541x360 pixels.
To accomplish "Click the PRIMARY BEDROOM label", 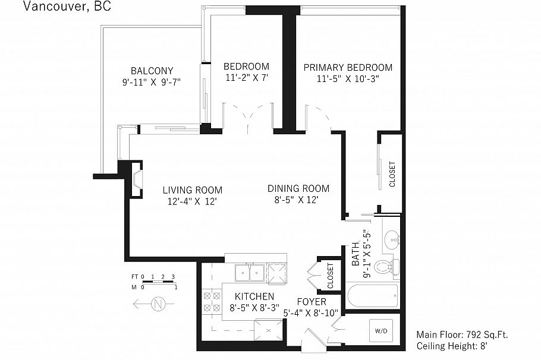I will point(348,67).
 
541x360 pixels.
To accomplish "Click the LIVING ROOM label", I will point(193,190).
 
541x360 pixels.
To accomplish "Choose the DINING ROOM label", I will point(298,188).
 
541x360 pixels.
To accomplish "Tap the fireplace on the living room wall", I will point(137,179).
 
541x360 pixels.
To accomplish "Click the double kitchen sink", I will point(249,273).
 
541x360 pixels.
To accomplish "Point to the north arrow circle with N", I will point(158,305).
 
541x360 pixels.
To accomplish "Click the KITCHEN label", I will point(254,296).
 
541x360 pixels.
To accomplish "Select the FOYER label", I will point(312,302).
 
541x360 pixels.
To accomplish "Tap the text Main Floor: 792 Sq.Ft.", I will point(462,334).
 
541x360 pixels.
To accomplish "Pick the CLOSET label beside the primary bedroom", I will point(392,174).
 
